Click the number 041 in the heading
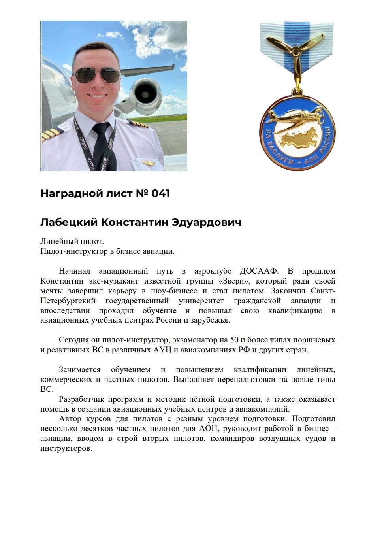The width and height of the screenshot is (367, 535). (x=160, y=193)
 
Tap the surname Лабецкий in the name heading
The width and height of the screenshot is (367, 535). (x=68, y=223)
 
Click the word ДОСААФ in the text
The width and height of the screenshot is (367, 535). (x=259, y=271)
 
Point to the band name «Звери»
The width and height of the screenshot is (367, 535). (x=237, y=281)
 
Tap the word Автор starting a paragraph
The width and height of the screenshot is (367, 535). (x=70, y=419)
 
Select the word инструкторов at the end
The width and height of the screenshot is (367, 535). (x=66, y=448)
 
